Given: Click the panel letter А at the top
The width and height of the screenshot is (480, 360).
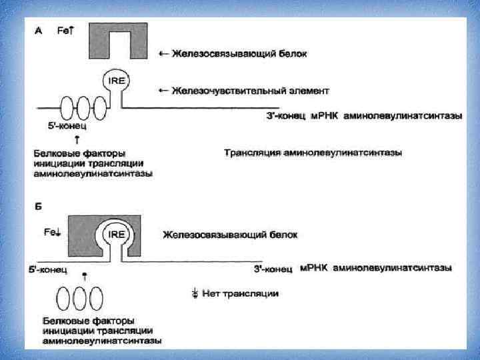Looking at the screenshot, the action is [38, 30].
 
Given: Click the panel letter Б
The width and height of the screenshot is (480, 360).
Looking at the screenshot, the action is [38, 207].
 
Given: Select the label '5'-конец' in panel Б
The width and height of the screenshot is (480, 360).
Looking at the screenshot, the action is [47, 270].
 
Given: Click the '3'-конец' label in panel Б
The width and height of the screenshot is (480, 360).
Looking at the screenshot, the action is [273, 269].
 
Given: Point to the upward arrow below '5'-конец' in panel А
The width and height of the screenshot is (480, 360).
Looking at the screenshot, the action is [77, 139].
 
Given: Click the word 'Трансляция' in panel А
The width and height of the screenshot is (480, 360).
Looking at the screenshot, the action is [251, 153].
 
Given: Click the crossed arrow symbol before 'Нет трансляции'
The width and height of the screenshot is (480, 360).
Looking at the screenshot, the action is [195, 293].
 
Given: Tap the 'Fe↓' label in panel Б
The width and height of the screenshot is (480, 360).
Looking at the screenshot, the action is [52, 232].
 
